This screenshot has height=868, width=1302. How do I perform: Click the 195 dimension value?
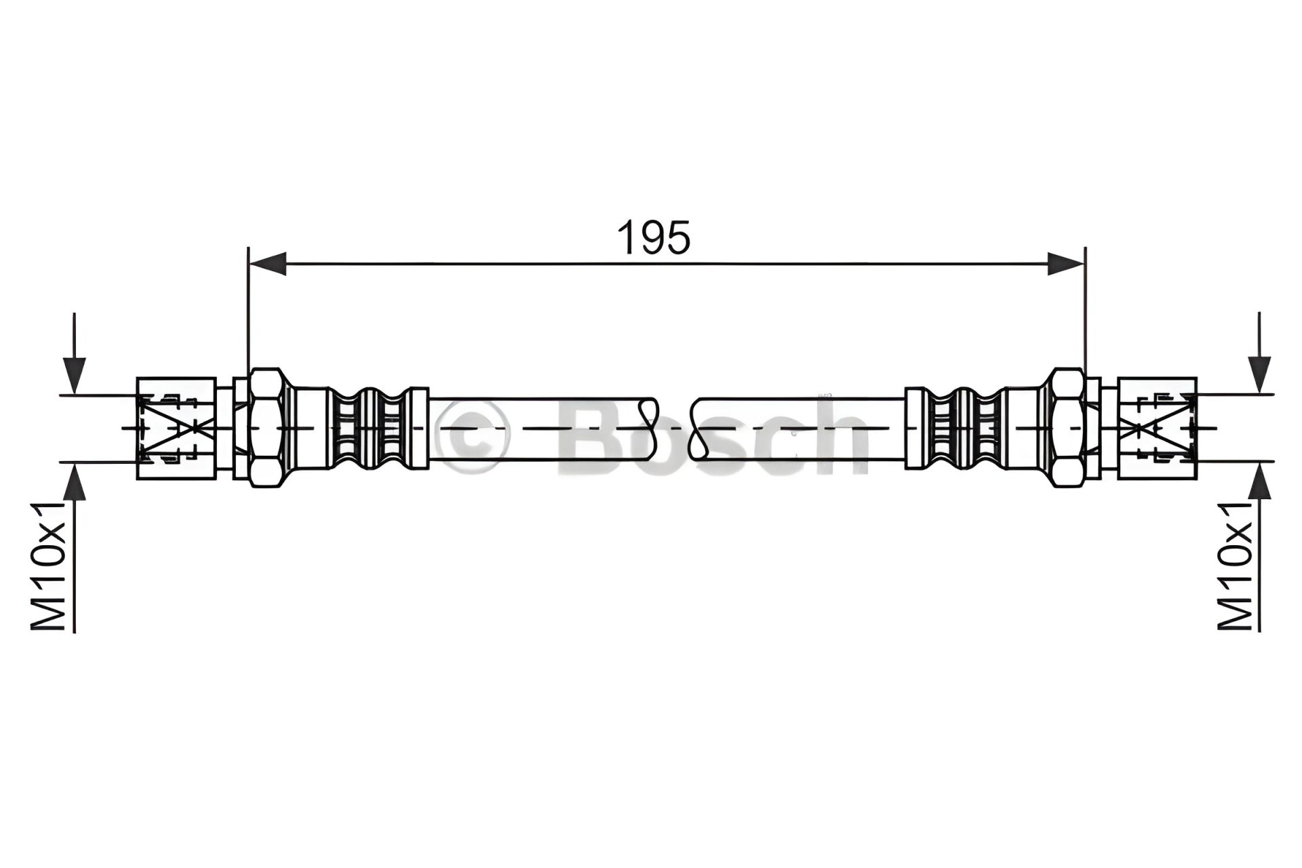coord(653,237)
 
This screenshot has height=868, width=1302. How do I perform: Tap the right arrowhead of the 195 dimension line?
coord(1066,263)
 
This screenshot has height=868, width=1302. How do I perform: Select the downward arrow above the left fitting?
coord(75,353)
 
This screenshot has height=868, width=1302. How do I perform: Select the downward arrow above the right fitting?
coord(1259,353)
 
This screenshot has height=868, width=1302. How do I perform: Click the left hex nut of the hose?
coord(266,428)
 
